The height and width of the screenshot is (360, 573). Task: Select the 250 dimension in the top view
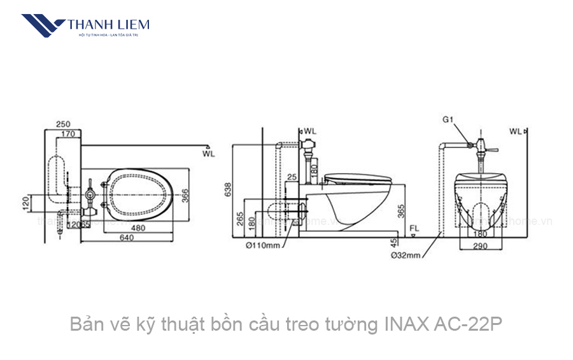(63, 124)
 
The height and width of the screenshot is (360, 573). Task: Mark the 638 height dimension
(228, 190)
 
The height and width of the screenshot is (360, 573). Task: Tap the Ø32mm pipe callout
(406, 255)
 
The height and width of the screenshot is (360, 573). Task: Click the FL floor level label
(414, 228)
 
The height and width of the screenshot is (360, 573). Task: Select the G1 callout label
(448, 119)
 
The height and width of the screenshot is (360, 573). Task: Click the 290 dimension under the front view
(482, 245)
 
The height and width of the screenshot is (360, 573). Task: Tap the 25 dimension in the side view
(292, 176)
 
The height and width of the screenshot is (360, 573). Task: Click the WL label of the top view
(208, 154)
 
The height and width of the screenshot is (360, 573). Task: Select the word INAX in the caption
(407, 325)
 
